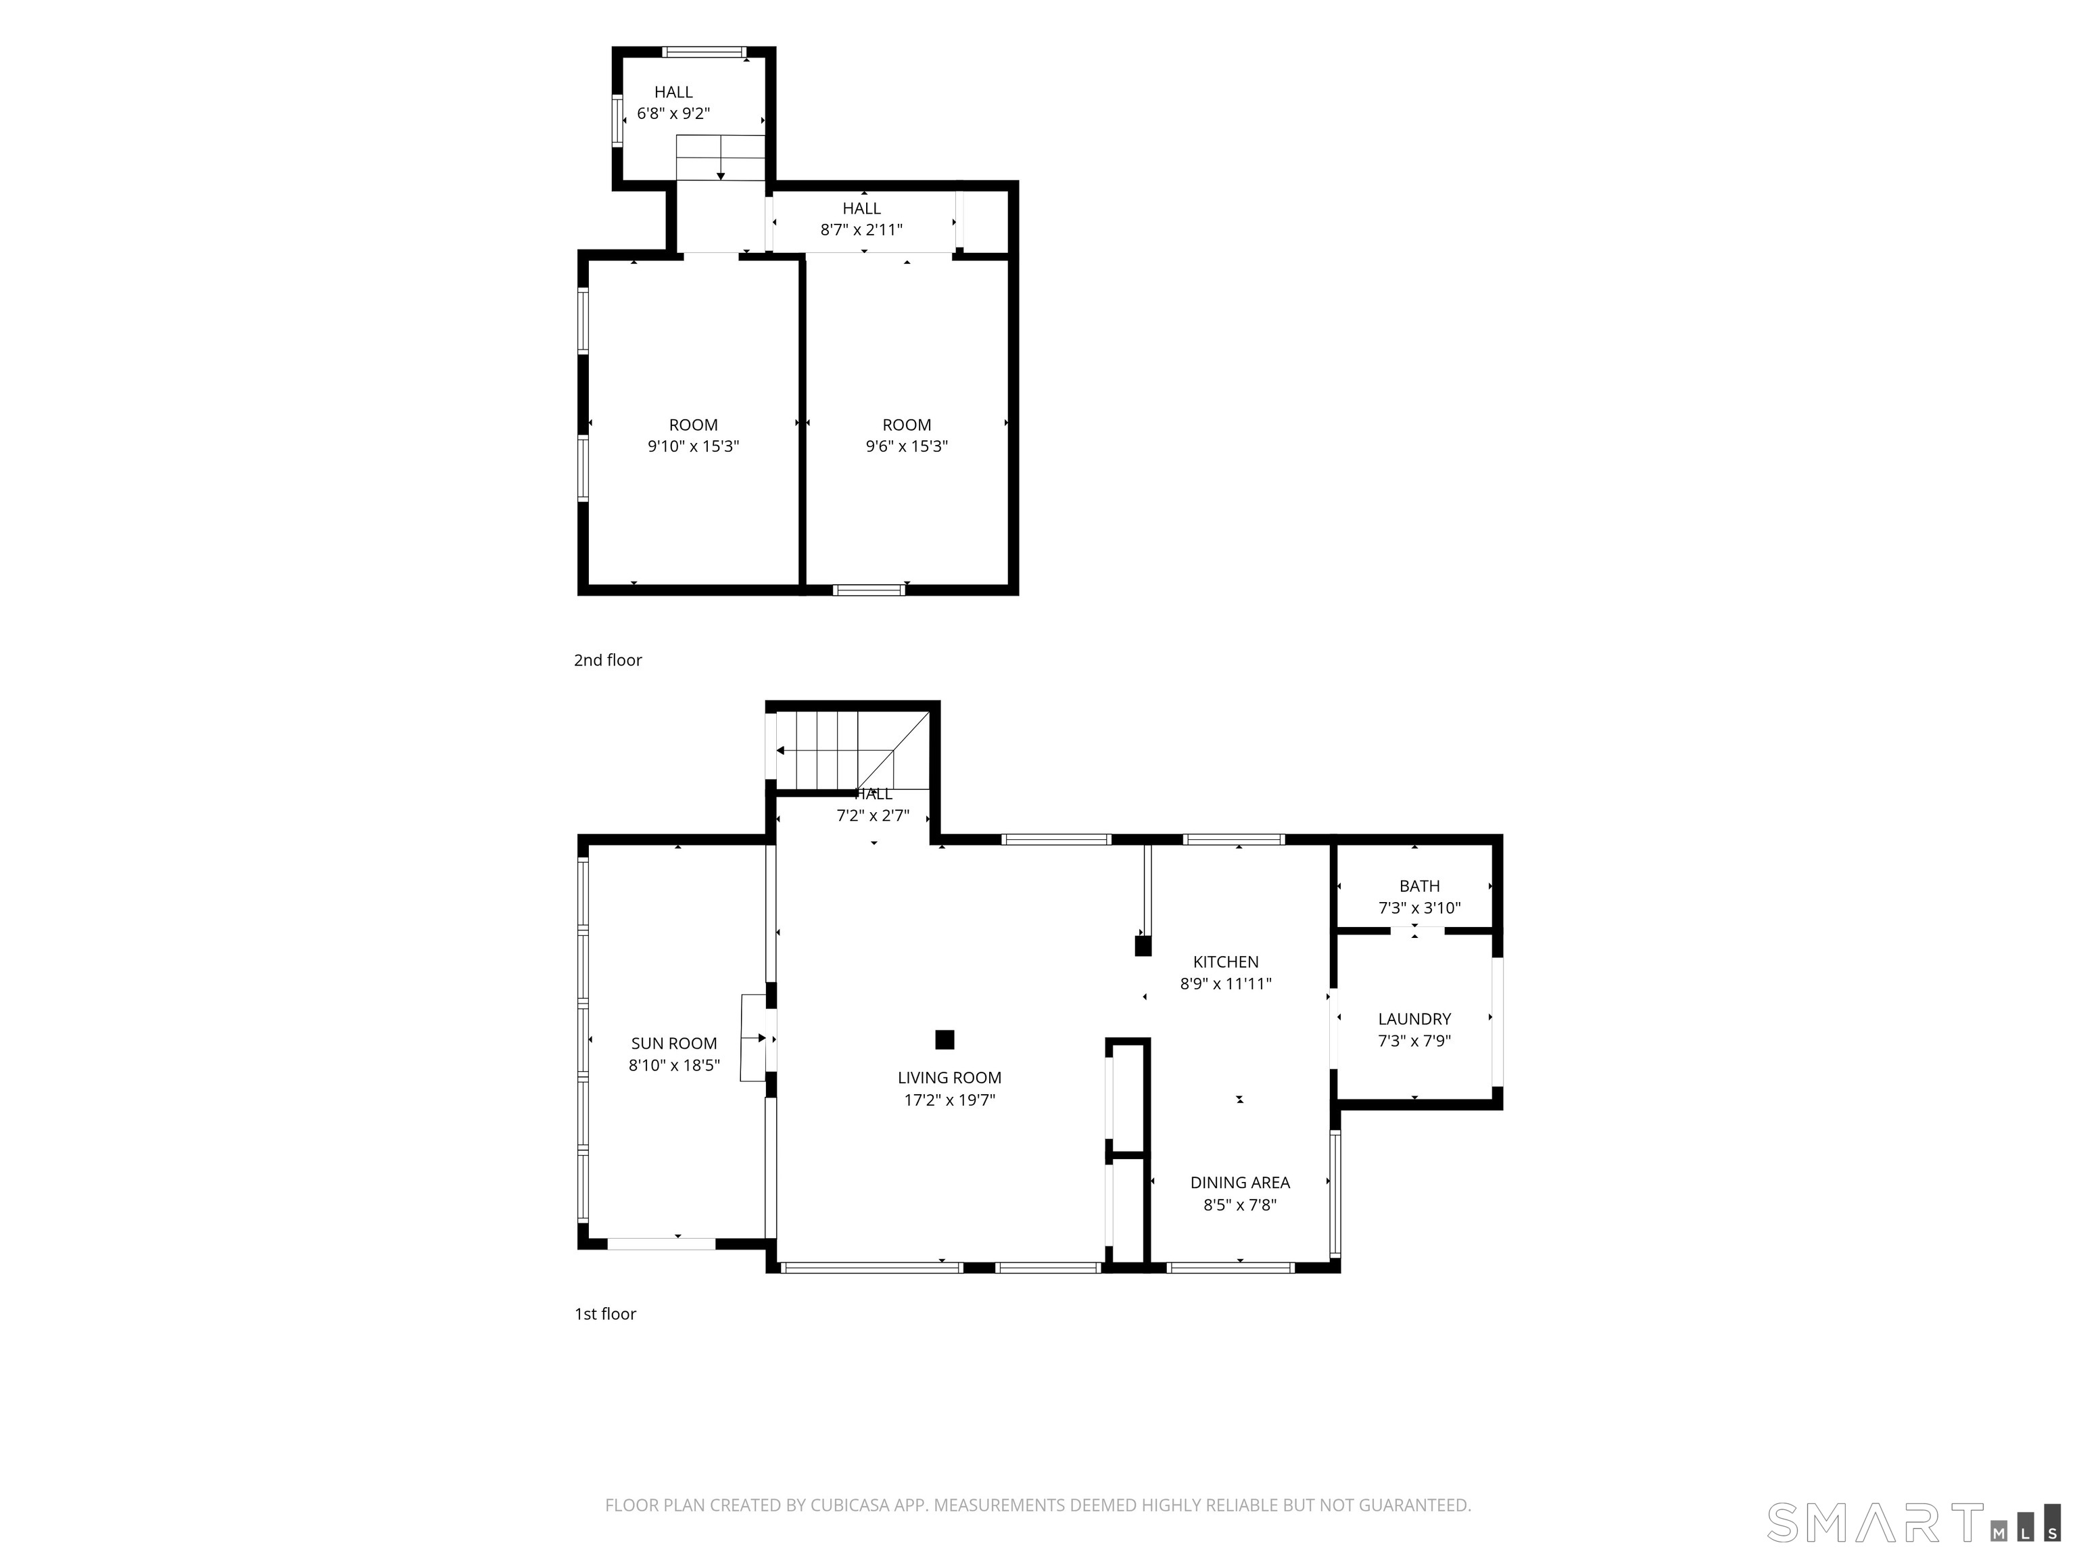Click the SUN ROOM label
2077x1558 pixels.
[673, 1043]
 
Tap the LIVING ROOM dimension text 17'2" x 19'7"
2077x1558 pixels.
[949, 1100]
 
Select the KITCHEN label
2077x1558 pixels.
[1225, 962]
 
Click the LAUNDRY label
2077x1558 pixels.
[1414, 1019]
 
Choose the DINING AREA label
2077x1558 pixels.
[1239, 1182]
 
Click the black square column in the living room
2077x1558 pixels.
[945, 1039]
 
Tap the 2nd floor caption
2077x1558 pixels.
[608, 660]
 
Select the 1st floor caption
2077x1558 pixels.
[604, 1314]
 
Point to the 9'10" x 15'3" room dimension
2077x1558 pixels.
[693, 446]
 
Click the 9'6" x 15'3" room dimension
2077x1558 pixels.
[906, 446]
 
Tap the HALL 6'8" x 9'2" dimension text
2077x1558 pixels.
[673, 114]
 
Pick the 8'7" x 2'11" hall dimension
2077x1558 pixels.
[861, 229]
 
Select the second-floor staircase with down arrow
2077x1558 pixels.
[720, 158]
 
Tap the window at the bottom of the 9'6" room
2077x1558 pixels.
[869, 590]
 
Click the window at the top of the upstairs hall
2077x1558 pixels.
[705, 51]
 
